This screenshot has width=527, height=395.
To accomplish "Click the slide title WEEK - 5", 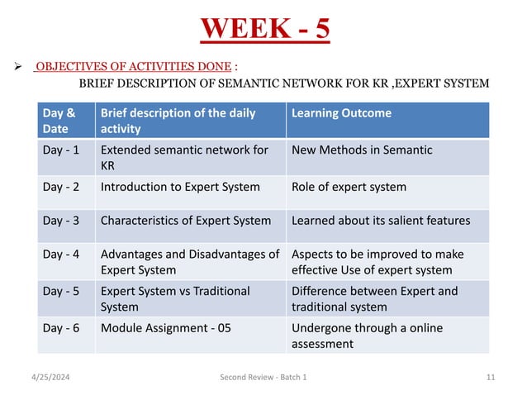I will click(x=265, y=29).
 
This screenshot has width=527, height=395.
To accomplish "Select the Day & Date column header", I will click(x=59, y=121).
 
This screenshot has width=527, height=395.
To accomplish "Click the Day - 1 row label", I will click(x=61, y=150).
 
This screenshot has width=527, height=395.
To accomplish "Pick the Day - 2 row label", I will click(x=61, y=187).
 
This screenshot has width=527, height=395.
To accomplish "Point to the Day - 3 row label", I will click(x=61, y=221).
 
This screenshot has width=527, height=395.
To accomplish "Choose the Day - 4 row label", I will click(x=61, y=254).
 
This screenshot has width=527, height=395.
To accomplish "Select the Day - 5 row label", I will click(x=61, y=291).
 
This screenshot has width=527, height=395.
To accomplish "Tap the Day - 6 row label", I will click(x=61, y=328).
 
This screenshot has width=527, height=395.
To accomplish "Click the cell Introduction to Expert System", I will click(x=180, y=187).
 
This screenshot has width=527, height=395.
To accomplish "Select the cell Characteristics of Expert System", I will click(x=186, y=221).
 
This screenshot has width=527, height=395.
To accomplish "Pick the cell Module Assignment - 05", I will click(x=165, y=328).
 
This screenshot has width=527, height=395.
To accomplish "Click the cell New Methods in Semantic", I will click(x=362, y=150).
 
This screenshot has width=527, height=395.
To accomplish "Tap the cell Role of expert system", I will click(x=349, y=187).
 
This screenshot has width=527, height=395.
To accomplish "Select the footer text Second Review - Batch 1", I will click(x=263, y=377).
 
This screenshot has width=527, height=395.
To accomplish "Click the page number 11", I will click(x=491, y=377).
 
